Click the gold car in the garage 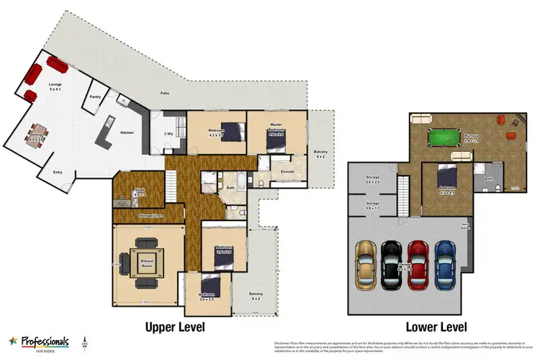pos(366,263)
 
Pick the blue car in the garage pos(444,263)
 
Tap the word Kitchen pos(127,132)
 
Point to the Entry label pos(57,172)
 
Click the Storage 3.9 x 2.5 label pos(372,179)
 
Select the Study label pos(140,191)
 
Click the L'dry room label pos(170,134)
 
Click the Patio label pos(165,94)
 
